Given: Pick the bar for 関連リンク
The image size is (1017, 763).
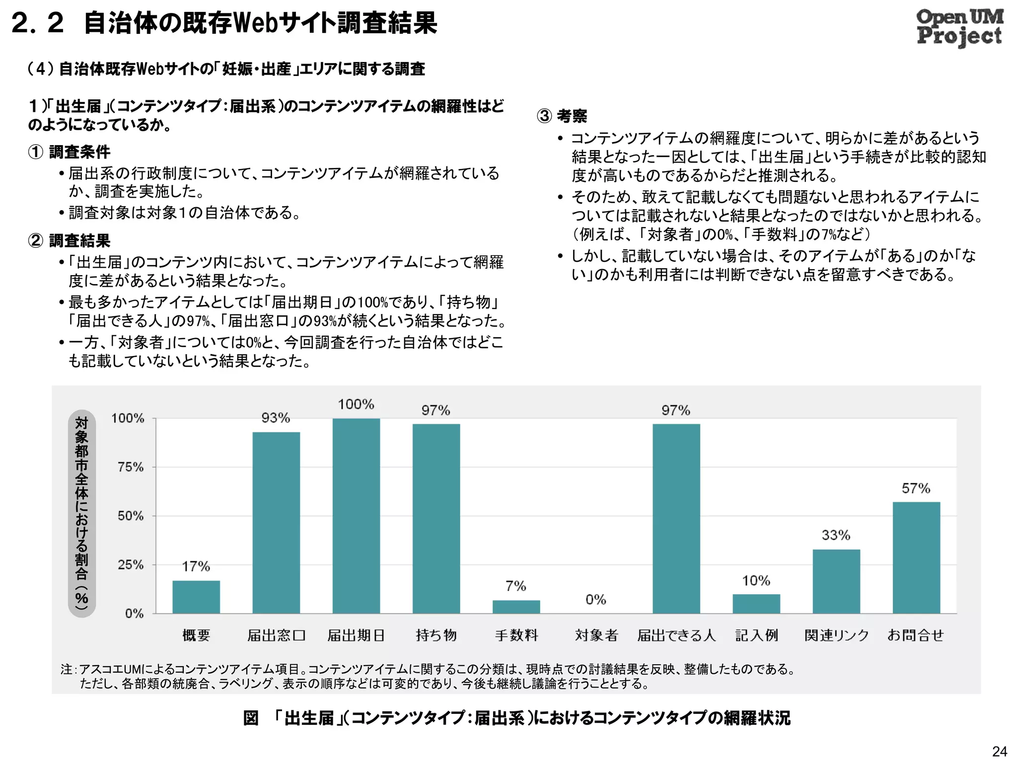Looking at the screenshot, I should [836, 581].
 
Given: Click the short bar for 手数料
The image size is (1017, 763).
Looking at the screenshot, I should [516, 607].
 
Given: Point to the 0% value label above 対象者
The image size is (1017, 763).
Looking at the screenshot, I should [596, 600].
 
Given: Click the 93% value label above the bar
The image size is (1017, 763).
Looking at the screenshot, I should [276, 418].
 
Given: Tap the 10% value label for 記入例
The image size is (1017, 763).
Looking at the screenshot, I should [756, 581].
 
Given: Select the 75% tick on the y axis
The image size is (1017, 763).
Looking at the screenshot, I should [131, 467].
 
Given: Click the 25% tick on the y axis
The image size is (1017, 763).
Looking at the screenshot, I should [131, 565].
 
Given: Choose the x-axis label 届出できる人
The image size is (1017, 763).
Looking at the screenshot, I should [676, 635].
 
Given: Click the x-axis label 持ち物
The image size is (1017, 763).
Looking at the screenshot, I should [436, 635].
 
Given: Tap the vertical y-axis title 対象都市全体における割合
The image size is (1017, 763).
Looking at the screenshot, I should [81, 513].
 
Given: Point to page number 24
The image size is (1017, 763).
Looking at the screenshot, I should [999, 751].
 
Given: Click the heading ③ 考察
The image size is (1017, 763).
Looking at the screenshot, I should [562, 116].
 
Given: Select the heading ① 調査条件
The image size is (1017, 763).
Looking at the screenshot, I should [69, 152].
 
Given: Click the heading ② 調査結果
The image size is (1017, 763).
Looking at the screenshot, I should [69, 241].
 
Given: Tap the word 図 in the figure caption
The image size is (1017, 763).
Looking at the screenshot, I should [251, 718].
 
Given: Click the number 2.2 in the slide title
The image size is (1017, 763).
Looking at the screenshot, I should [38, 23].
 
